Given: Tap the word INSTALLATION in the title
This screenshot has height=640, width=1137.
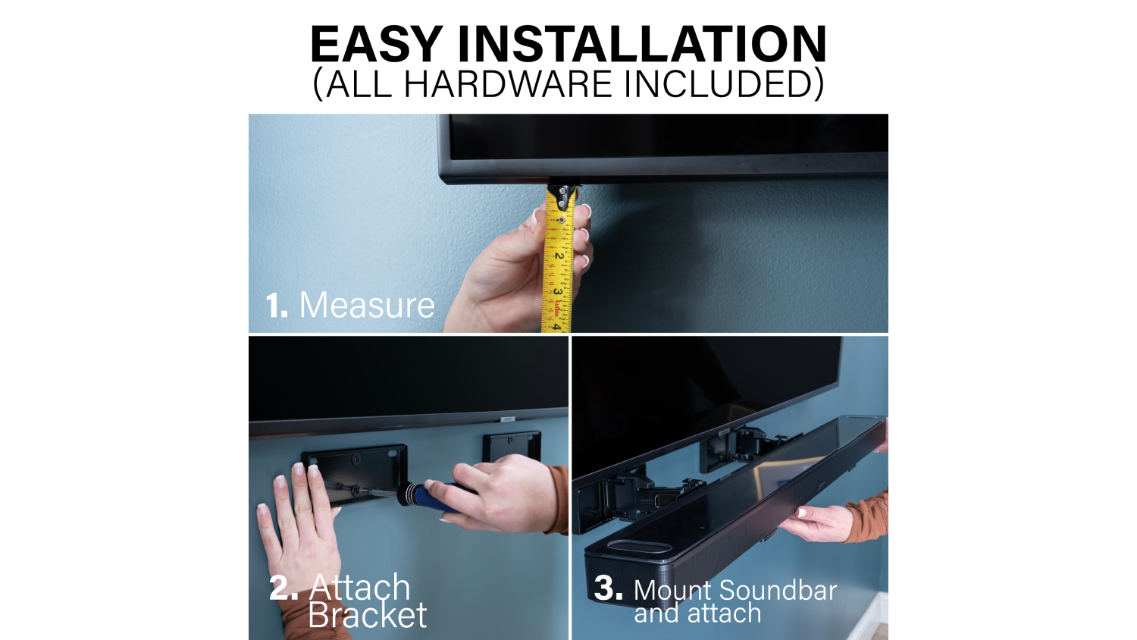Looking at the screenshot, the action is [x=642, y=44].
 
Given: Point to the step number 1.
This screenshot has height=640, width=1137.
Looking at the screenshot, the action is [x=277, y=306].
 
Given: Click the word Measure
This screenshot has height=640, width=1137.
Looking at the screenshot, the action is [x=367, y=306].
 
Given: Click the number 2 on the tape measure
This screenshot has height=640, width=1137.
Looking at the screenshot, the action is [x=559, y=256].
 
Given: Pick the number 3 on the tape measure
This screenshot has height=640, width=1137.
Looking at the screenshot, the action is [x=557, y=292].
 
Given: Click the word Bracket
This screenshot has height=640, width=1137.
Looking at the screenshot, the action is [x=367, y=615].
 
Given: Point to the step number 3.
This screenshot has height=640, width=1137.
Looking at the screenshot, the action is [x=608, y=588].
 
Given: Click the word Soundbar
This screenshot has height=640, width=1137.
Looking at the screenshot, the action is [x=778, y=591].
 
